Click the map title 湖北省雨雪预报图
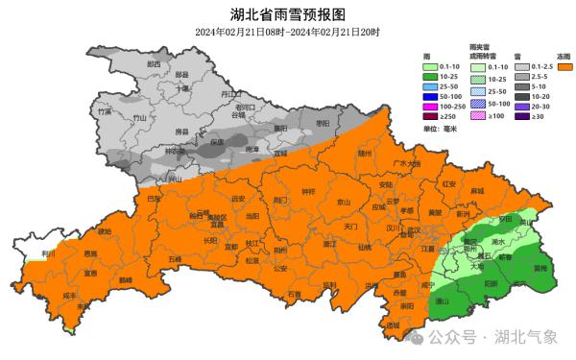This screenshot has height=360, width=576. coord(287,13)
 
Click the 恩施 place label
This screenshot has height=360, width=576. coord(89,253)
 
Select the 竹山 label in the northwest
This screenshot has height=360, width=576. coord(140,118)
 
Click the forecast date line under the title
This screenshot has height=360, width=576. coord(287,33)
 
